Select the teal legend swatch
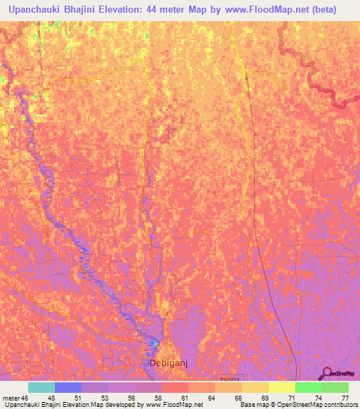[x=41, y=387]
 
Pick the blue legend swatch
[x=68, y=387]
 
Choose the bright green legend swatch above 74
[x=309, y=387]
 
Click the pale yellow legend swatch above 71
[x=282, y=387]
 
